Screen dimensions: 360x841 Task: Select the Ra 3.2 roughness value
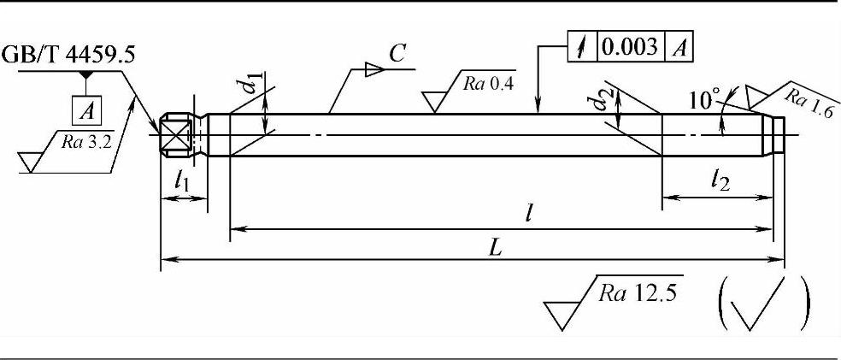[87, 142]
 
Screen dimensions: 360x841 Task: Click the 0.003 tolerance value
[632, 49]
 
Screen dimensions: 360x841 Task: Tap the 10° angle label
[703, 101]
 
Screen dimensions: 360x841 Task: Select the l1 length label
[183, 180]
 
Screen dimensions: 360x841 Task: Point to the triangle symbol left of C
[373, 69]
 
